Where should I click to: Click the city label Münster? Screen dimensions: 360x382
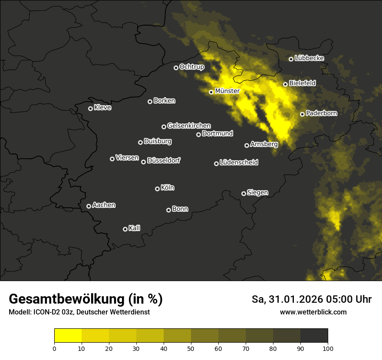click(x=227, y=91)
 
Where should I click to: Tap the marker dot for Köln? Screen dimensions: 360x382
click(x=157, y=189)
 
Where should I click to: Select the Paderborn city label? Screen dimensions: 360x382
click(x=321, y=113)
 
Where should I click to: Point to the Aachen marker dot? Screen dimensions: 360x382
click(x=89, y=206)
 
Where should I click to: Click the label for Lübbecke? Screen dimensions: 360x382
click(x=309, y=58)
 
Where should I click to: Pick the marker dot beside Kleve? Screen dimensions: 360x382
click(x=90, y=108)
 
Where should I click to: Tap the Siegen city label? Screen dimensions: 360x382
click(x=257, y=193)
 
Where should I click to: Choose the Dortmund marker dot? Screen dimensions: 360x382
click(x=198, y=134)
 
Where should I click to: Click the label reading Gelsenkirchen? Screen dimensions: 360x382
click(x=189, y=126)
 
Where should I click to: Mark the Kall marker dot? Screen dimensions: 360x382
click(x=125, y=229)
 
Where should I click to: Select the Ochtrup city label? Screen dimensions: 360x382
click(x=191, y=67)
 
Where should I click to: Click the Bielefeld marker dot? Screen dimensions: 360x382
click(x=285, y=84)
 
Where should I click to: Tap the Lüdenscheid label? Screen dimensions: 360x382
click(x=239, y=163)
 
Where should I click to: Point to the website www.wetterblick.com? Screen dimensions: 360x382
click(x=313, y=312)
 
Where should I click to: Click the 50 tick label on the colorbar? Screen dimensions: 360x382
click(x=191, y=348)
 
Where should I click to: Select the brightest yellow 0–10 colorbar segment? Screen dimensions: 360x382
click(x=68, y=336)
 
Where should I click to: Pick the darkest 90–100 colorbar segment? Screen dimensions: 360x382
click(x=314, y=336)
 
